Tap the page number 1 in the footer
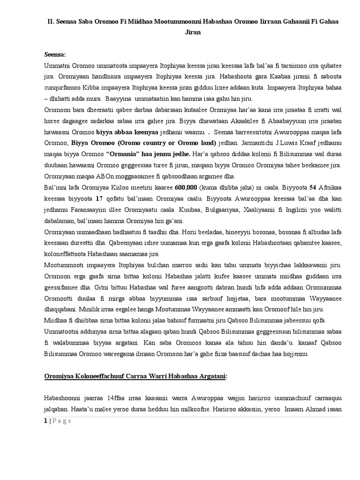pyautogui.click(x=45, y=420)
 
